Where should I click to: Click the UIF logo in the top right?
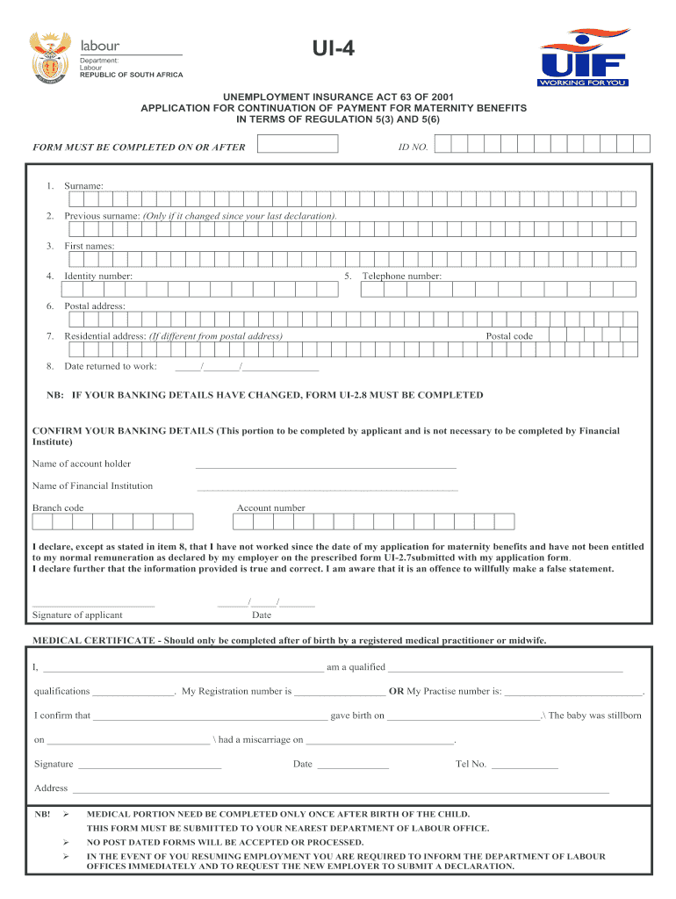click(585, 58)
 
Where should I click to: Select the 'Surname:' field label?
click(83, 186)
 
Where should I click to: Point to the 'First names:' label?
click(89, 247)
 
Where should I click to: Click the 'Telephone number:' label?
click(402, 277)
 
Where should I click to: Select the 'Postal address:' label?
click(95, 306)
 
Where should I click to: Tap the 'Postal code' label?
click(509, 336)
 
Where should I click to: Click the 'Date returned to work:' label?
click(111, 366)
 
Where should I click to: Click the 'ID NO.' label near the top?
click(413, 147)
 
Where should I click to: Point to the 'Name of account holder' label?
click(82, 464)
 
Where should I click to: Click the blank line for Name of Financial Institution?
click(327, 488)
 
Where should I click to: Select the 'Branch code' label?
click(58, 508)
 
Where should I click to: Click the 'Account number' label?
click(270, 508)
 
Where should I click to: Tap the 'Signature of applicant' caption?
click(77, 615)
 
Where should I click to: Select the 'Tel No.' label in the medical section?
click(471, 765)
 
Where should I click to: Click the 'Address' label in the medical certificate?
click(51, 788)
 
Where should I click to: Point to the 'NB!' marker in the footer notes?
click(42, 815)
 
